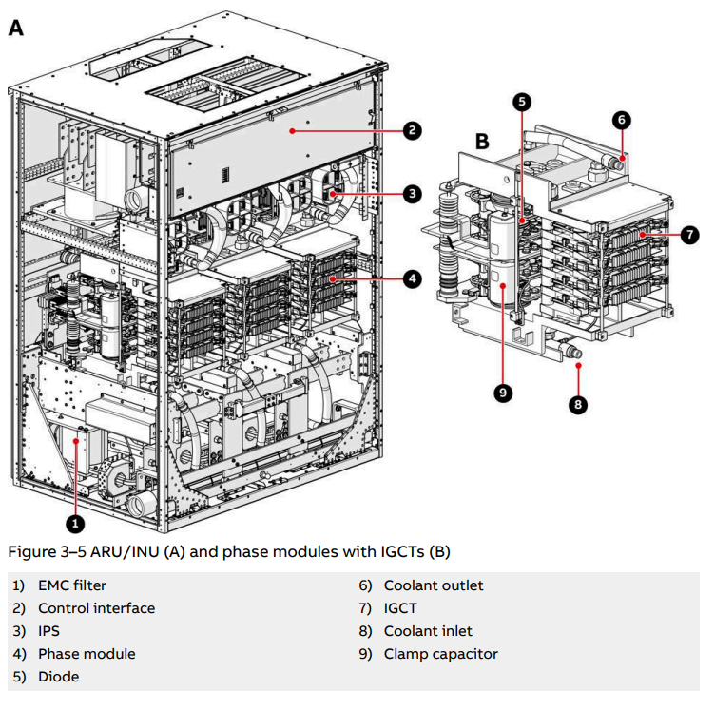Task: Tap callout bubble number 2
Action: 411,130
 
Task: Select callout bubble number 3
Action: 411,193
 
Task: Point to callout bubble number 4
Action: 411,278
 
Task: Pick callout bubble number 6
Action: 621,120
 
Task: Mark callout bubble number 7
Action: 690,233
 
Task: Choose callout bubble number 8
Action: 578,404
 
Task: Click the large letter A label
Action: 17,29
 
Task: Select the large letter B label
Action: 482,142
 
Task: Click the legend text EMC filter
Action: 72,585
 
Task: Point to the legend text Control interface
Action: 96,608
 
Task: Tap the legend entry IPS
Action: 50,631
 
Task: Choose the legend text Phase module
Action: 87,654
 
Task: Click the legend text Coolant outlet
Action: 434,585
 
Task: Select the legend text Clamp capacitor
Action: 440,654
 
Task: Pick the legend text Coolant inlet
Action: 428,631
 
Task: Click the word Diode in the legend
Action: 58,677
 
